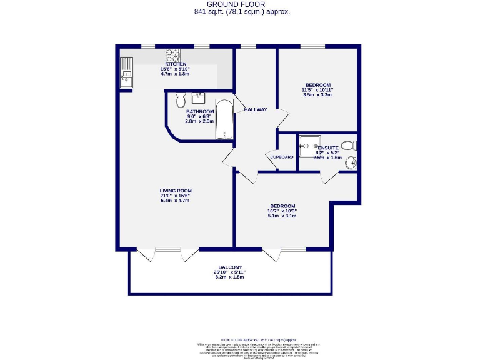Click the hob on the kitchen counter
(x=173, y=55)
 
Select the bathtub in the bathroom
(x=224, y=119)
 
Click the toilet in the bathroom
(x=181, y=99)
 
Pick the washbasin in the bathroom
(x=199, y=98)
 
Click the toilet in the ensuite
(x=351, y=146)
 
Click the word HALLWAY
(x=256, y=109)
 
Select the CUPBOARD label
(x=282, y=157)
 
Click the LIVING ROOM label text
(x=175, y=191)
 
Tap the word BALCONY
(x=231, y=267)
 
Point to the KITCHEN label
(x=176, y=64)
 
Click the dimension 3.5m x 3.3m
(x=317, y=95)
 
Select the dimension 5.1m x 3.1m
(x=282, y=216)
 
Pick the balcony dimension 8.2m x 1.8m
(x=231, y=277)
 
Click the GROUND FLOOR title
(x=240, y=4)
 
